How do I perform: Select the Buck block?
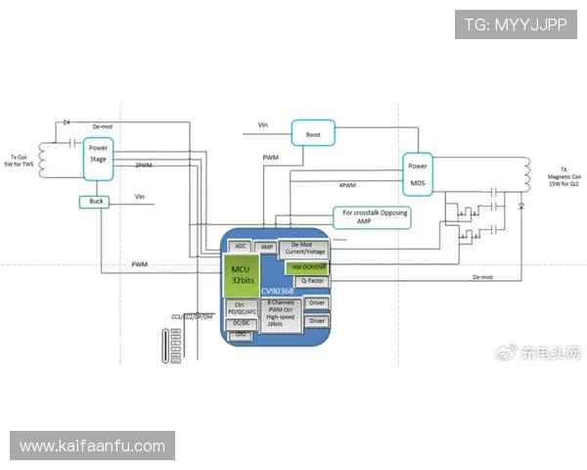click(96, 202)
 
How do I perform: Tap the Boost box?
click(313, 134)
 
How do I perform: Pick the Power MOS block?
click(418, 175)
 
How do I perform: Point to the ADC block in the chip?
click(242, 247)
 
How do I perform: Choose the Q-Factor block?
click(308, 281)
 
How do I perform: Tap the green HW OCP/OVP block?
click(308, 266)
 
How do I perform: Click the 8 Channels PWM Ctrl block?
click(281, 313)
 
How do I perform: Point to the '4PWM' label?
click(347, 185)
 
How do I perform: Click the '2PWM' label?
click(143, 165)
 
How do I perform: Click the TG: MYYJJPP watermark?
click(516, 23)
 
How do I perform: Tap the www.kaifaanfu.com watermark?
click(93, 446)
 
